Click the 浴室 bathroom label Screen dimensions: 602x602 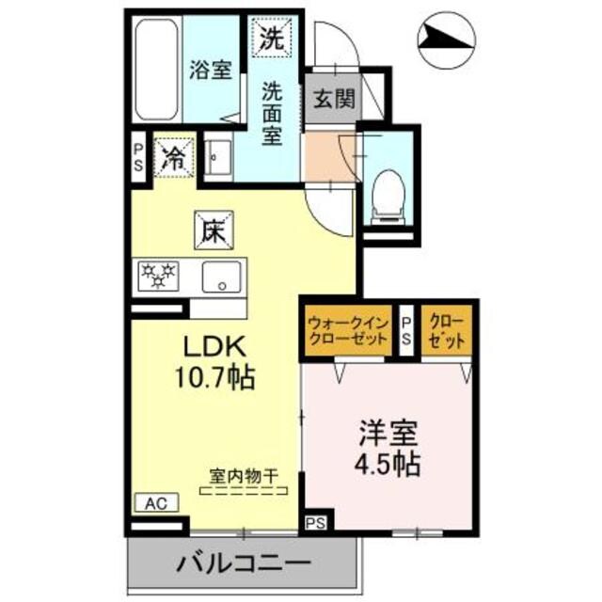click(x=210, y=71)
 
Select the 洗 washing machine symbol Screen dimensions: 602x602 click(x=271, y=39)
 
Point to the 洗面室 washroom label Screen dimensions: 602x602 click(x=273, y=112)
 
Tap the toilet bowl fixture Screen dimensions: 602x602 click(x=386, y=193)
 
